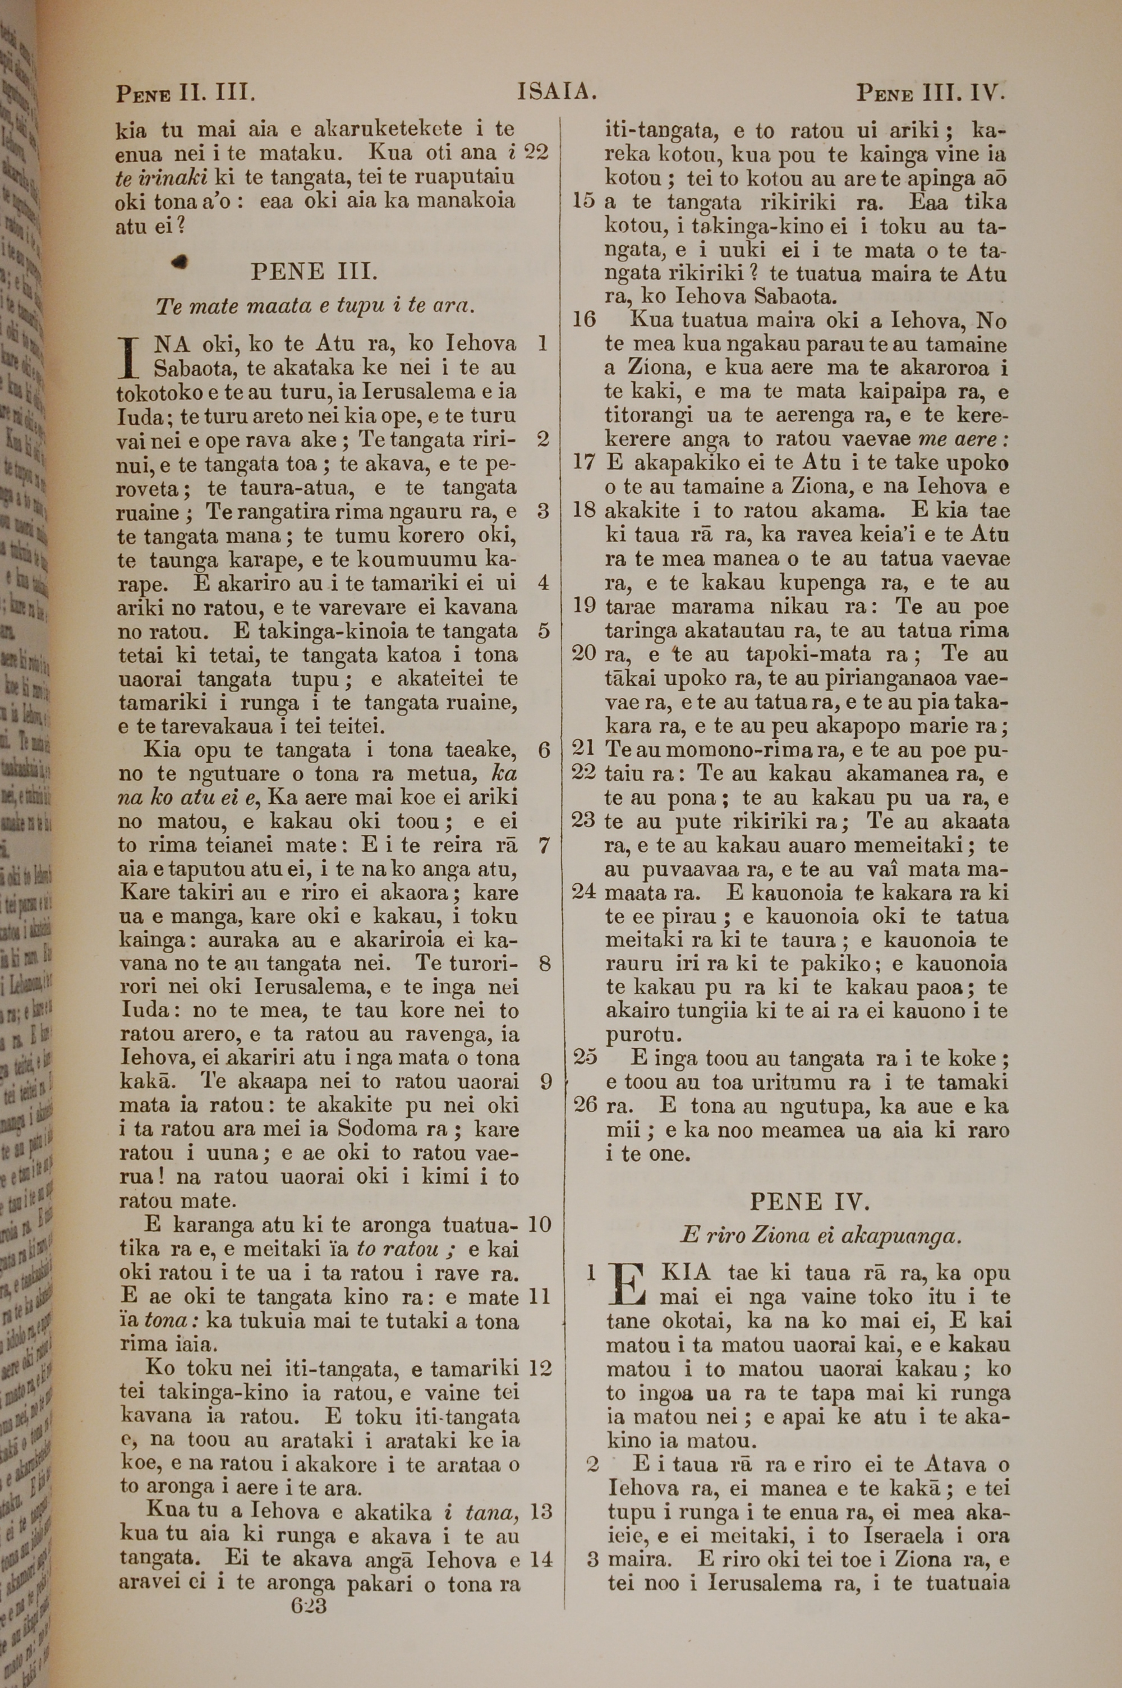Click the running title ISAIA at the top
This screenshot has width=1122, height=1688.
point(557,92)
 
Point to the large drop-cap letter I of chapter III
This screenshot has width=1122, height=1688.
point(129,357)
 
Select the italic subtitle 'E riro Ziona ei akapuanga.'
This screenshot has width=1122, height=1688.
point(818,1236)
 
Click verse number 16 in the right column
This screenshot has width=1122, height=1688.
point(585,319)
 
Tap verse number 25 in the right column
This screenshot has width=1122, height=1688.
point(585,1058)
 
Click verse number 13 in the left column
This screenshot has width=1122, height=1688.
point(540,1511)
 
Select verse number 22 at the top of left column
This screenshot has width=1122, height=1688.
point(536,153)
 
